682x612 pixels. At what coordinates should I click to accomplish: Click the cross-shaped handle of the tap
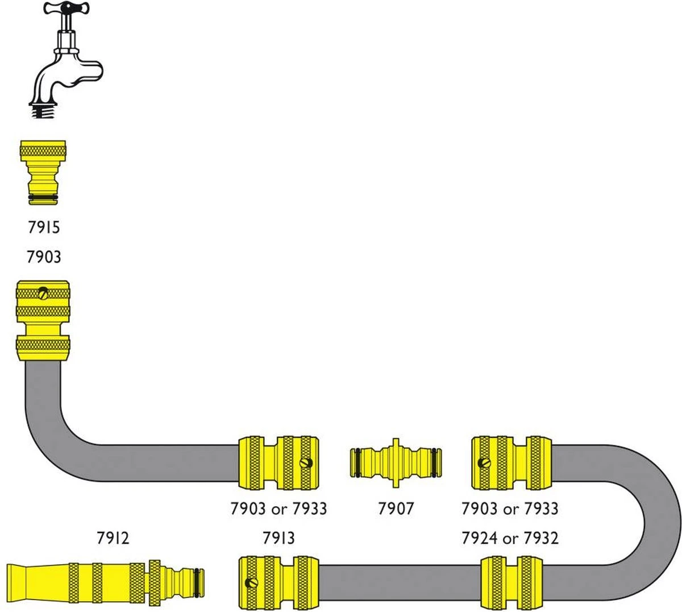pos(64,9)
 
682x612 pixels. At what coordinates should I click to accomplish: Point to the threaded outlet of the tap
pos(44,109)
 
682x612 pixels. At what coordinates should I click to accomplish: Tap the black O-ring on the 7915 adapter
pos(43,197)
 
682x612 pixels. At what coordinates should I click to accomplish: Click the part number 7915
pos(44,228)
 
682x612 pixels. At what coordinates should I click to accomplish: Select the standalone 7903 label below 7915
pos(44,257)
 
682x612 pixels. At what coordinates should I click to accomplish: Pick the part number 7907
pos(396,508)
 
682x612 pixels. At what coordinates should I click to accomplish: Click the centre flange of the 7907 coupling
pos(396,462)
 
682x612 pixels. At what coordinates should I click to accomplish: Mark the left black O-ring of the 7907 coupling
pos(355,461)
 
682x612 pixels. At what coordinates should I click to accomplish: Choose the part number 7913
pos(278,537)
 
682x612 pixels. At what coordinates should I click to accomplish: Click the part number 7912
pos(113,537)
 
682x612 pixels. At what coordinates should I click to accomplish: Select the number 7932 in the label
pos(540,537)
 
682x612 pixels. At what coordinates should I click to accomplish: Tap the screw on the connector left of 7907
pos(307,463)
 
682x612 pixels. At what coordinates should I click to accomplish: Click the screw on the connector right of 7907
pos(484,463)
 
